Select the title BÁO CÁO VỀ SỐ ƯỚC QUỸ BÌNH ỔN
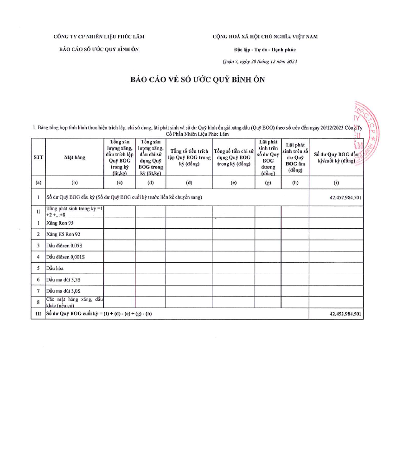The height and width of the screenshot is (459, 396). coord(198,79)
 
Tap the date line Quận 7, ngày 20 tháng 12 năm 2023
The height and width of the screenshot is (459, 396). coord(260,62)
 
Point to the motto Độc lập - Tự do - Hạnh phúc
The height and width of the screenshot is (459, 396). coord(265,49)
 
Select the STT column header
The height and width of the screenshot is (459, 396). coord(38,157)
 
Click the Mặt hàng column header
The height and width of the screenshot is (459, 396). coord(75,157)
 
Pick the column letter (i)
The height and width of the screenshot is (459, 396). coord(336,182)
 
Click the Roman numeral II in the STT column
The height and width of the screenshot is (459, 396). coord(38,212)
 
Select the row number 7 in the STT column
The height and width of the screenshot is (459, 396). coord(38,291)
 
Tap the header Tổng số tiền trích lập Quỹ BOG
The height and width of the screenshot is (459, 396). coord(189,157)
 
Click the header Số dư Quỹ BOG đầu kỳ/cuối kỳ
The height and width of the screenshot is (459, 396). coord(336,157)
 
